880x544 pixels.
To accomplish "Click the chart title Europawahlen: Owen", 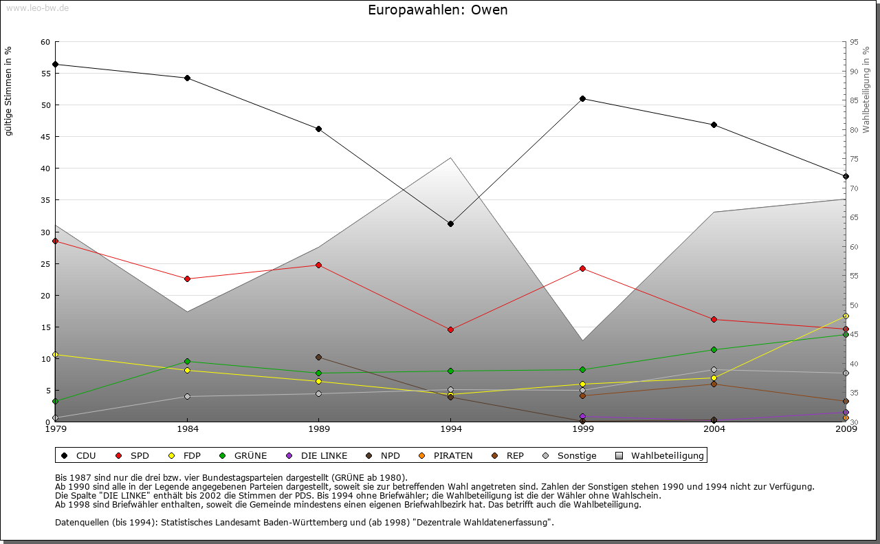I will click(x=438, y=10).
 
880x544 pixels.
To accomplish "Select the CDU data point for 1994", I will click(x=450, y=224).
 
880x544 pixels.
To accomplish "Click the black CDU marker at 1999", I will click(x=582, y=98).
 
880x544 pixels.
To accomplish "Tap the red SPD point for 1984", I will click(x=187, y=279).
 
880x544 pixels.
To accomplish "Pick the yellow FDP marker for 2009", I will click(x=846, y=316).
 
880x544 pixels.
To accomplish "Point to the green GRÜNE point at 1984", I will click(x=187, y=361).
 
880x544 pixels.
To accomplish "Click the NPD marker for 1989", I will click(x=318, y=357).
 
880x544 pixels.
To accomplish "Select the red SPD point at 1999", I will click(x=582, y=268).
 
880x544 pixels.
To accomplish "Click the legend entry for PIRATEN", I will click(x=446, y=455).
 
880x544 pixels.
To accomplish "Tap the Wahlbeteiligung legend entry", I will click(x=660, y=455).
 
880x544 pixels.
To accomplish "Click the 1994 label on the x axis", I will click(x=450, y=429).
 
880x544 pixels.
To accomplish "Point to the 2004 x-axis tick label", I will click(x=714, y=429).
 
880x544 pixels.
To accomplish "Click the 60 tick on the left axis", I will click(x=45, y=42).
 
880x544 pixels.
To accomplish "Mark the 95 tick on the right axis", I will click(x=854, y=42).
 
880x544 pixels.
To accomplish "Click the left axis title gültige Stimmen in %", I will click(x=9, y=91).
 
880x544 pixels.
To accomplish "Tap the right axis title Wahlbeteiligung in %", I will click(x=866, y=90).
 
